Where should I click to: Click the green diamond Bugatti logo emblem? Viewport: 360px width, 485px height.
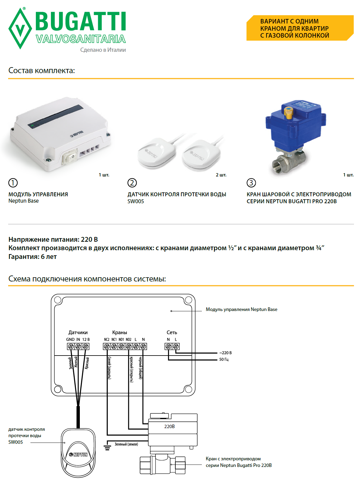pyautogui.click(x=20, y=29)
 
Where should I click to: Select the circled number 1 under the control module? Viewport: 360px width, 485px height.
pyautogui.click(x=13, y=183)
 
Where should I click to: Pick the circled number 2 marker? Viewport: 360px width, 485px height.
pyautogui.click(x=132, y=183)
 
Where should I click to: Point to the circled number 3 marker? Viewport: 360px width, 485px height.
pyautogui.click(x=251, y=183)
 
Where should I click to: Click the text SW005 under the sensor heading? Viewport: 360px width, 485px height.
pyautogui.click(x=136, y=201)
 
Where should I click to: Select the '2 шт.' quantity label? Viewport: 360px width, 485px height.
pyautogui.click(x=221, y=175)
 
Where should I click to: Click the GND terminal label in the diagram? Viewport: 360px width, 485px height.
pyautogui.click(x=70, y=340)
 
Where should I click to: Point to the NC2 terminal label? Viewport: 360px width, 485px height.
pyautogui.click(x=107, y=340)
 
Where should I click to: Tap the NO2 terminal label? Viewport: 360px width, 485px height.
pyautogui.click(x=129, y=340)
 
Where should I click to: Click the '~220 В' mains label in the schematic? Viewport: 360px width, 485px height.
pyautogui.click(x=225, y=353)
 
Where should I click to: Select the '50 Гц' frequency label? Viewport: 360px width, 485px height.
pyautogui.click(x=224, y=359)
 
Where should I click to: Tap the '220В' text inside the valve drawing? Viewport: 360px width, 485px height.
pyautogui.click(x=169, y=427)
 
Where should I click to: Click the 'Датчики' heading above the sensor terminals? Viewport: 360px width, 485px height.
pyautogui.click(x=78, y=332)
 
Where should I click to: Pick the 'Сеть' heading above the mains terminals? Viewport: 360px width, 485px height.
pyautogui.click(x=172, y=332)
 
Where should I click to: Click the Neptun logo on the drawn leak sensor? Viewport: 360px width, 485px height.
pyautogui.click(x=78, y=455)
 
